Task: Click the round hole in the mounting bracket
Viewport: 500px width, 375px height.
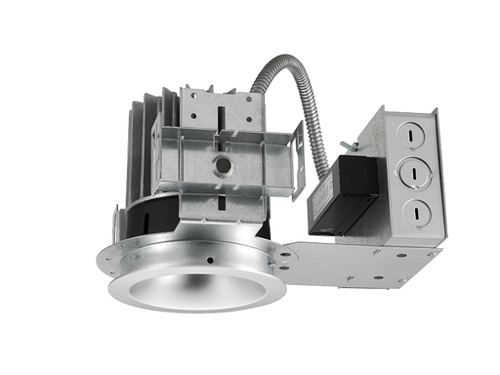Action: (223, 165)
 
